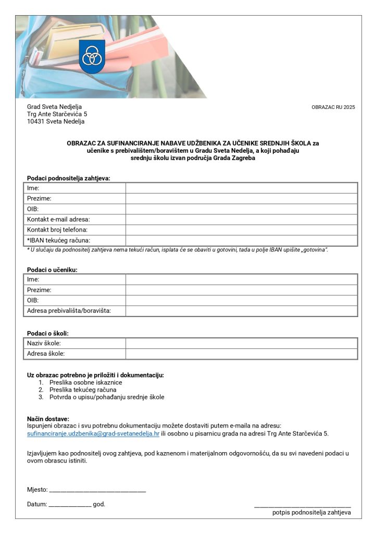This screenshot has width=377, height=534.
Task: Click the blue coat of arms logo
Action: click(92, 56)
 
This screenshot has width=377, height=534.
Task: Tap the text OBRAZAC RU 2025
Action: click(333, 107)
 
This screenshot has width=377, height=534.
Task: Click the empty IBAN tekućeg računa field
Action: click(241, 240)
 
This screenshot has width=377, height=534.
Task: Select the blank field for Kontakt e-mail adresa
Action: click(241, 220)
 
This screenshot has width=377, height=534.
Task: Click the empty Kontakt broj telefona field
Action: click(241, 230)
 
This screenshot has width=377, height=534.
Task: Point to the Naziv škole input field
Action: click(241, 343)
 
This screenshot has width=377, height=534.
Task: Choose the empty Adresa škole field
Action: click(241, 354)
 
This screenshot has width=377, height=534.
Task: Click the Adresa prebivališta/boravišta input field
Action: click(241, 311)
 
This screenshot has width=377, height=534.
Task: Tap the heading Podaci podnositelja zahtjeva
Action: click(69, 178)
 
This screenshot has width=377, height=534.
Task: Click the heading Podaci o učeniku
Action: click(56, 270)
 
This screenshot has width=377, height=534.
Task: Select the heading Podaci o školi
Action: click(48, 333)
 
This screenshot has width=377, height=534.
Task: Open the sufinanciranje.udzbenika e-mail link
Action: click(93, 433)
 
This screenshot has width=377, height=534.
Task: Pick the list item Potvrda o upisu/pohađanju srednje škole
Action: click(107, 397)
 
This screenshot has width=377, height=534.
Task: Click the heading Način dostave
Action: click(48, 419)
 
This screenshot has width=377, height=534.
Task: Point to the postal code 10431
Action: click(36, 122)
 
